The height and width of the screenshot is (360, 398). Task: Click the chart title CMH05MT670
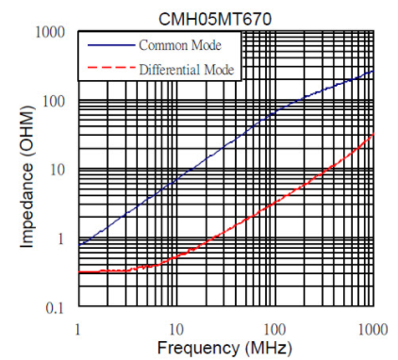coord(215,19)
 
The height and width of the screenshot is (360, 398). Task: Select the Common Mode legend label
coord(180,45)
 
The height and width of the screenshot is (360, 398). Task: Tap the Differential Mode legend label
coord(187,70)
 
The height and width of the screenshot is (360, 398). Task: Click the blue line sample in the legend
coord(111,45)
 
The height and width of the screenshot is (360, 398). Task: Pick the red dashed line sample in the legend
coord(111,67)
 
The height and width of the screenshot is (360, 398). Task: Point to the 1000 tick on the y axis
coord(50,32)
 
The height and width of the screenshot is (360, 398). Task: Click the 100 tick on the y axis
coord(54,101)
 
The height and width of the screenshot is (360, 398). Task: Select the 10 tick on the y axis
coord(58,170)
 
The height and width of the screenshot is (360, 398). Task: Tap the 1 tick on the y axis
coord(60,239)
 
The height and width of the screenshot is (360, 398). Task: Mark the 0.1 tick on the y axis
coord(55,308)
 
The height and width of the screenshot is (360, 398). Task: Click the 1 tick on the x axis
coord(77,330)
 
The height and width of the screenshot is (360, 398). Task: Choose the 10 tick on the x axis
coord(176,330)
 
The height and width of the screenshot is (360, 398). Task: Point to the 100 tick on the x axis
coord(274,330)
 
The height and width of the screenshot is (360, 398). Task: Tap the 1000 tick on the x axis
coord(373,330)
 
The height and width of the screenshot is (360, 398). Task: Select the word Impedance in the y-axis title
coord(26,205)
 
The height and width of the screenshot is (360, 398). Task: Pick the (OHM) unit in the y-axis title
coord(26,132)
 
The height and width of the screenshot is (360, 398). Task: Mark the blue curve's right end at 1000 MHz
coord(373,71)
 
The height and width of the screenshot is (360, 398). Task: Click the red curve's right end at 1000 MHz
coord(373,134)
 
